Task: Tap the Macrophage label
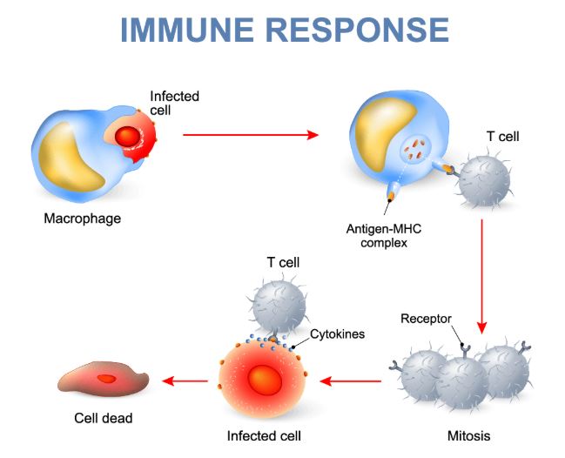pos(82,219)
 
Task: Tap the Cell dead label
pos(103,419)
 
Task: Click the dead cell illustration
pos(104,379)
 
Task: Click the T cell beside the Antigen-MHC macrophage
pos(484,180)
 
